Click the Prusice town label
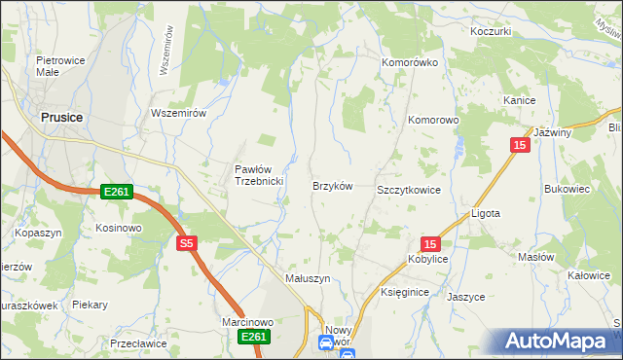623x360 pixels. pos(61,117)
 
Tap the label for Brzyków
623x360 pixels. pos(331,186)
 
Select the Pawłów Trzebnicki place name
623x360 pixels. pos(258,175)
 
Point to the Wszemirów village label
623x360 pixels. pos(179,113)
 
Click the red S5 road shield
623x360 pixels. pos(188,244)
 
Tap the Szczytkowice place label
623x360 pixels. pos(409,191)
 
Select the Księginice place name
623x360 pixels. pos(406,292)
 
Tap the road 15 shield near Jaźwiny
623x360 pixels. pos(519,145)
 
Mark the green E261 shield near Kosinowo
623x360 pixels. pos(116,194)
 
